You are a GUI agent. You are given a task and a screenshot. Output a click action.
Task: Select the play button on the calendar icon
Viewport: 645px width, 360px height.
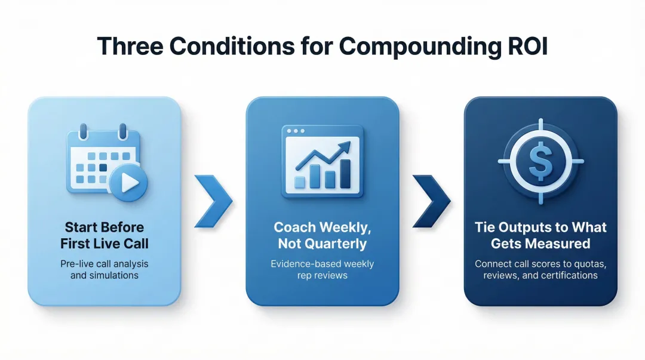click(128, 183)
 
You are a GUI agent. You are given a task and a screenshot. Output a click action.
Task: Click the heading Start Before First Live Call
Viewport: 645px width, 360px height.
click(105, 235)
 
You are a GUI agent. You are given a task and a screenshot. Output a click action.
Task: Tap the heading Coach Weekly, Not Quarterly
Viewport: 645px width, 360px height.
click(322, 235)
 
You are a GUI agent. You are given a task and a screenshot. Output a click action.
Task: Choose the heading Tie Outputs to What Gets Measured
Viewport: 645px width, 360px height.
click(540, 235)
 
